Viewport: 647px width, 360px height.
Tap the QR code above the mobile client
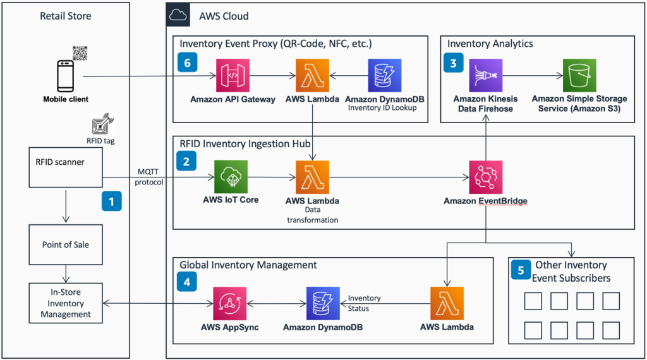(80, 54)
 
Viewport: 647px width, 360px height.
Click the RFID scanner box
(65, 168)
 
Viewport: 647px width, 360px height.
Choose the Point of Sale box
(65, 244)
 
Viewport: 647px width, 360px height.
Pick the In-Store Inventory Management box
(65, 303)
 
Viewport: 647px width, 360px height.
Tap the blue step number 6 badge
(188, 63)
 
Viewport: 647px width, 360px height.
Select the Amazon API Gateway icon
(233, 76)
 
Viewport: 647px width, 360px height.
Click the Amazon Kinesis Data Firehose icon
(485, 76)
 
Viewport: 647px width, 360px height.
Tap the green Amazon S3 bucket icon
(579, 76)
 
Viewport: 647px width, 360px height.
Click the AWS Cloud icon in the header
(178, 15)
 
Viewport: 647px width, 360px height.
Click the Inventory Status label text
(365, 303)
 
